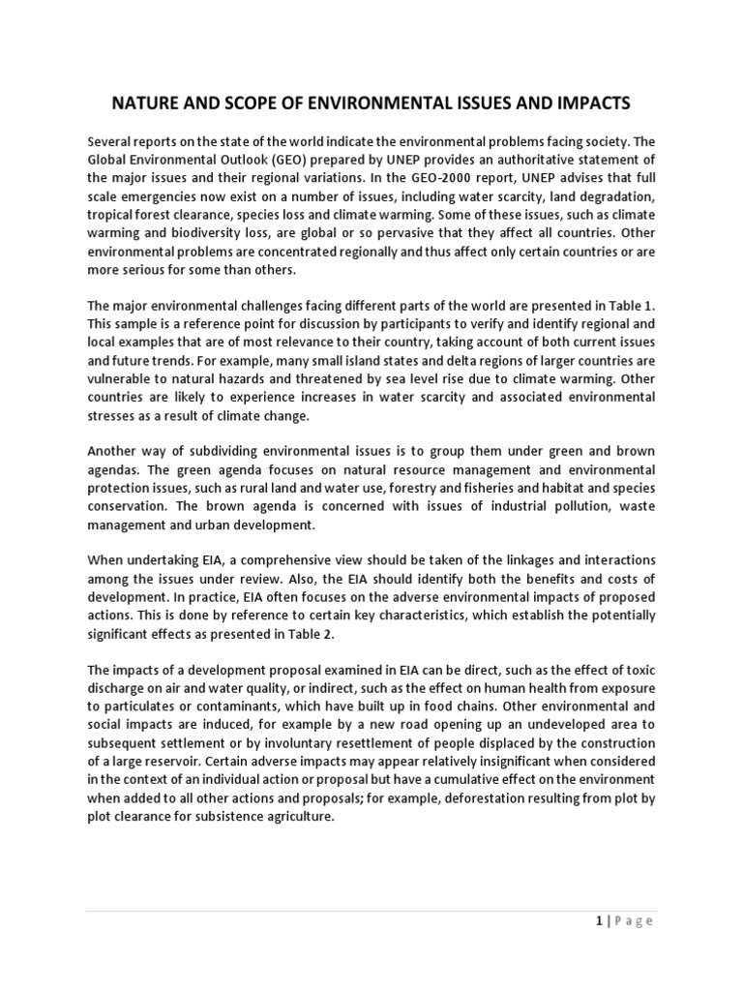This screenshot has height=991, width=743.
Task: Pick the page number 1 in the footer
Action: [599, 921]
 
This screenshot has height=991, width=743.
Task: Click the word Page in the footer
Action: [636, 921]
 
